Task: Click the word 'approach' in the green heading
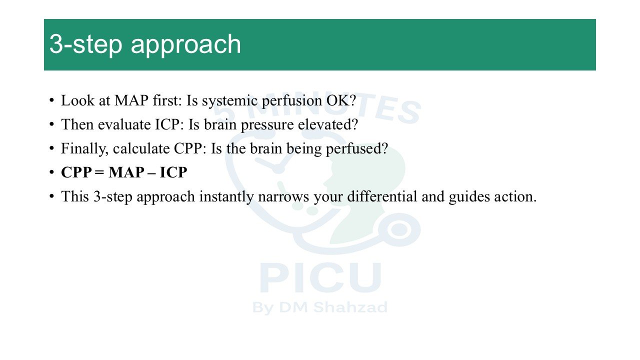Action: pos(186,45)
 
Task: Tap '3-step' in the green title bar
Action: pos(85,45)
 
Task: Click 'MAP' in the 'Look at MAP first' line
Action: pos(131,100)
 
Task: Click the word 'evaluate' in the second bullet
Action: pos(124,125)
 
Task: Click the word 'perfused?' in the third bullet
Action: pos(357,149)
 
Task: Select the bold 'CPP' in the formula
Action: pos(76,172)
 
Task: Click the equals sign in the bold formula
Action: pos(99,173)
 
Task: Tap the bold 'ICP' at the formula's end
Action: pos(173,172)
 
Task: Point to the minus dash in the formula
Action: pos(152,173)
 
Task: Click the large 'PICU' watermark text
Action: pos(320,277)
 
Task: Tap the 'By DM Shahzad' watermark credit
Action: pos(320,308)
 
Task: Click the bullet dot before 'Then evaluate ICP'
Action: pos(51,124)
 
